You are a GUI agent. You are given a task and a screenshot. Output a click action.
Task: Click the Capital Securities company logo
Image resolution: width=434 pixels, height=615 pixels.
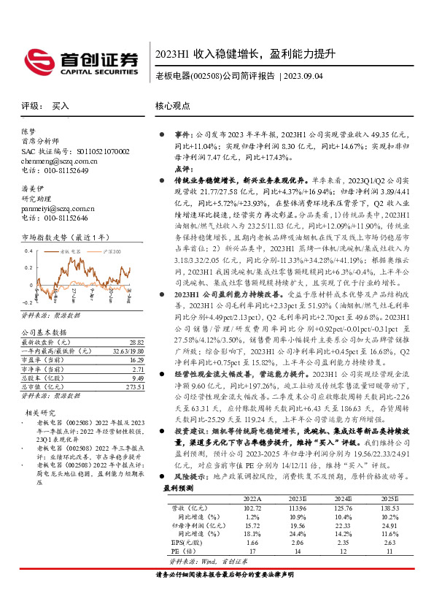[80, 59]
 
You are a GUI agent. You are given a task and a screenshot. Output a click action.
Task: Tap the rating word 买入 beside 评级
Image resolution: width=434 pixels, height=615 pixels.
[61, 106]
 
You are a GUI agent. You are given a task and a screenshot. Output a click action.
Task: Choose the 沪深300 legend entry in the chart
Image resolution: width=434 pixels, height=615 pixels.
[112, 251]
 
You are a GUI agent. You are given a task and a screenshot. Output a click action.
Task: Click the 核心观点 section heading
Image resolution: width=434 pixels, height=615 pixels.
[173, 106]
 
